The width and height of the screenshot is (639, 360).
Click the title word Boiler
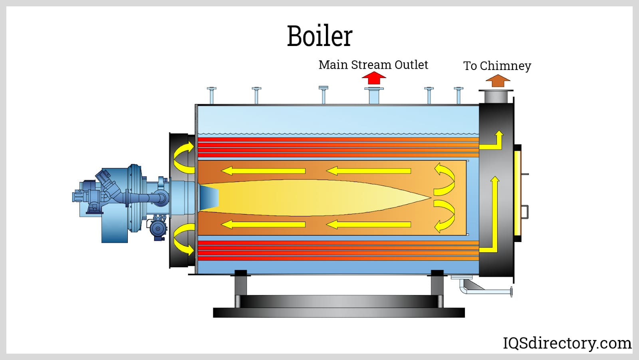319,36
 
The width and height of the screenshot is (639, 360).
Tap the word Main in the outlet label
333,65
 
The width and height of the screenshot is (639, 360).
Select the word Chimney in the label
505,66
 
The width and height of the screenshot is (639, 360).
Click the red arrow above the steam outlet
374,78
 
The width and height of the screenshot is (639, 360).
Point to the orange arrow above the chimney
498,81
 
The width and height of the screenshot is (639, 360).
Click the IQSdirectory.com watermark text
567,343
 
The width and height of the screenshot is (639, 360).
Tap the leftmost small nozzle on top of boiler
212,95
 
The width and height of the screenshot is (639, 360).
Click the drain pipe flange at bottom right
511,292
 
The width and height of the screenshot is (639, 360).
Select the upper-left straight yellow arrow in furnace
264,171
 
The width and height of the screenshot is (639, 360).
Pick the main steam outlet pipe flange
374,89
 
